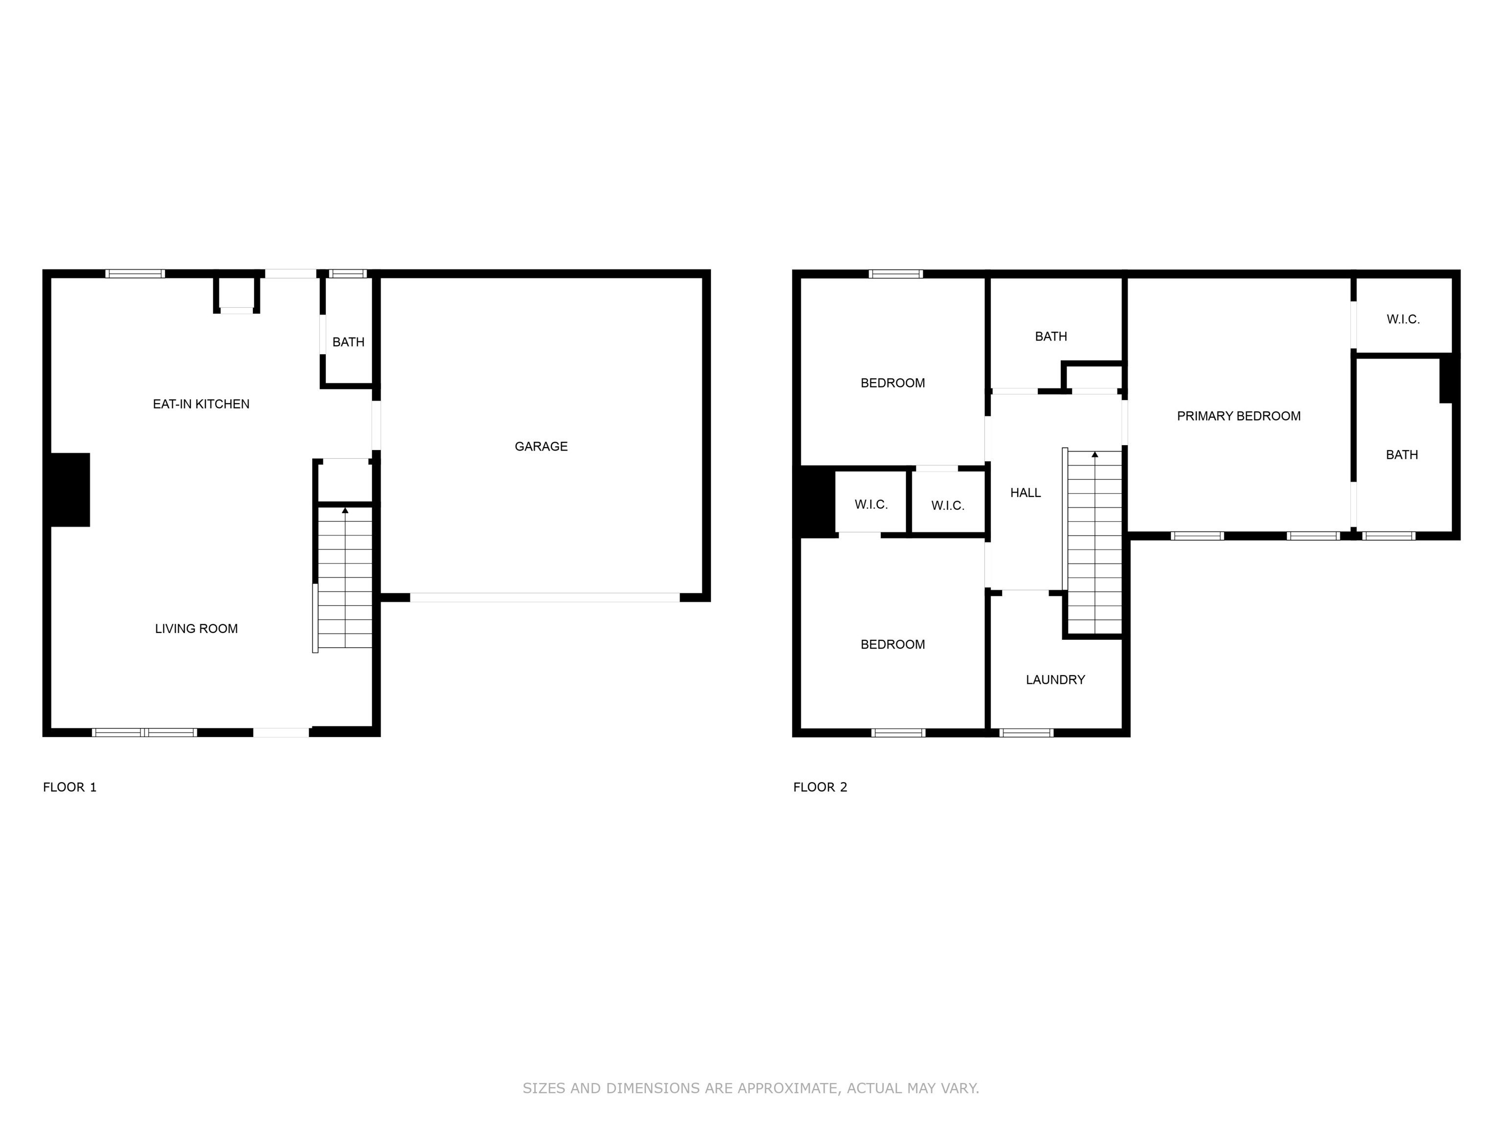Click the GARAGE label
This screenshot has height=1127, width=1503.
coord(541,446)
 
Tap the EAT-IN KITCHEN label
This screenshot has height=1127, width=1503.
coord(201,404)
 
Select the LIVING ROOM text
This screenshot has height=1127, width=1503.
coord(196,629)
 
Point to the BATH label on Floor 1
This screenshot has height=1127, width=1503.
coord(348,342)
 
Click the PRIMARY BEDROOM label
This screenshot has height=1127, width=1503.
coord(1239,416)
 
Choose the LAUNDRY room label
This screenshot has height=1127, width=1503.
coord(1055,680)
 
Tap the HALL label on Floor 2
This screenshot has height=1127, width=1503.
coord(1025,493)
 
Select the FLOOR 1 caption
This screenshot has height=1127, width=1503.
coord(70,788)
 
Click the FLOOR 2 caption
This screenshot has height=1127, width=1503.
coord(820,788)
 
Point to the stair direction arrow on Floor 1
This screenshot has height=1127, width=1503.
coord(345,510)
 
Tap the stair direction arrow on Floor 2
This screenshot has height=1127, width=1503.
coord(1094,454)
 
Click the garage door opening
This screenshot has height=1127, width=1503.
coord(544,598)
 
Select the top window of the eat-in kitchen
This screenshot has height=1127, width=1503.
coord(135,274)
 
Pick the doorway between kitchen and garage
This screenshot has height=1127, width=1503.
coord(376,425)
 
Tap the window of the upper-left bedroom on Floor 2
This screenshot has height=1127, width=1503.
coord(895,274)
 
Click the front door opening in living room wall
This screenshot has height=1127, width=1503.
coord(281,732)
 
